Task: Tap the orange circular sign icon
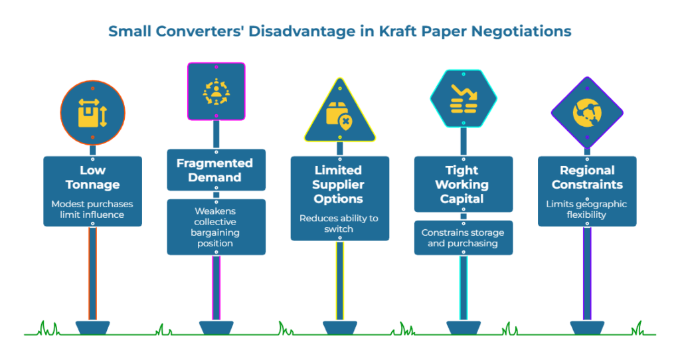pos(92,112)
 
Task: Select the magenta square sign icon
pos(216,91)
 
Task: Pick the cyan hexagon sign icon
pos(463,98)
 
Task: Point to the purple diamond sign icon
pos(586,112)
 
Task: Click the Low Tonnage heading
pos(92,177)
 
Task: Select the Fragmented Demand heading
pos(216,170)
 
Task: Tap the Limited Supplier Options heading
pos(339,185)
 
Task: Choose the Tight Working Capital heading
pos(463,184)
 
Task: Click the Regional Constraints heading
pos(586,177)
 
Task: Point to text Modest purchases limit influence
pos(92,209)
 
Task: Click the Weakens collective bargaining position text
pos(216,227)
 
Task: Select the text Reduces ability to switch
pos(339,223)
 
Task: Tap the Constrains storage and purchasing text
pos(463,238)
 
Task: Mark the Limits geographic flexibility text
pos(586,209)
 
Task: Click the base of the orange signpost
pos(92,327)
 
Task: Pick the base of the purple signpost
pos(586,327)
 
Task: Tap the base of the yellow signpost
pos(339,327)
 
